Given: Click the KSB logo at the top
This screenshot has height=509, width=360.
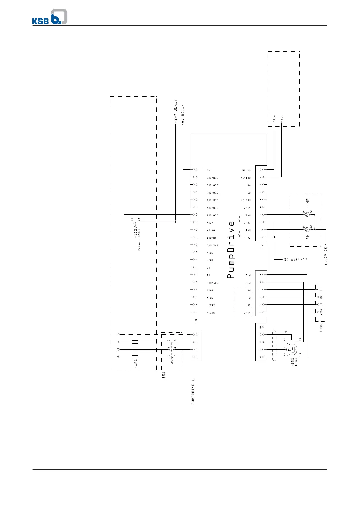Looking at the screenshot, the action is pyautogui.click(x=50, y=17).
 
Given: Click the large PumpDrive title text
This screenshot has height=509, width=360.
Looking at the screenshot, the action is pyautogui.click(x=231, y=250).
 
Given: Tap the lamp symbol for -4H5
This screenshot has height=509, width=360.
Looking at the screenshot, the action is pyautogui.click(x=307, y=215).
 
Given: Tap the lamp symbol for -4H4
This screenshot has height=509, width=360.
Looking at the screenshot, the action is pyautogui.click(x=307, y=229).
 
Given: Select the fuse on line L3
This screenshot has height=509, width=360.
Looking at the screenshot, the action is pyautogui.click(x=135, y=342).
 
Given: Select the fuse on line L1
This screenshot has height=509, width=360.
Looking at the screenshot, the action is pyautogui.click(x=135, y=357).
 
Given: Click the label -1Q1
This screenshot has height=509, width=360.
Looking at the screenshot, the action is pyautogui.click(x=164, y=376).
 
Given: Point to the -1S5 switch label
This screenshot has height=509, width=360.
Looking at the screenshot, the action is pyautogui.click(x=136, y=233).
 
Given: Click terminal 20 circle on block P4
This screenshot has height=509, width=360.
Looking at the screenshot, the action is pyautogui.click(x=193, y=170).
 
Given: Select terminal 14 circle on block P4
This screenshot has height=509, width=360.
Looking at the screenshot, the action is pyautogui.click(x=193, y=215).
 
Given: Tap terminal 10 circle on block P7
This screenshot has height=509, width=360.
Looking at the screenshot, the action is pyautogui.click(x=264, y=170).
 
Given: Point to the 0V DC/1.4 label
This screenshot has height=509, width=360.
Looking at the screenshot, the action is pyautogui.click(x=183, y=114).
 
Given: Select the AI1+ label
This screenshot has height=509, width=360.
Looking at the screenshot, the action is pyautogui.click(x=281, y=118).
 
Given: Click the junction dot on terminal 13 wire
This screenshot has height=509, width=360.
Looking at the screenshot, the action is pyautogui.click(x=176, y=222).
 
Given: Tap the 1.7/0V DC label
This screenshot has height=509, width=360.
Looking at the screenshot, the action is pyautogui.click(x=326, y=256).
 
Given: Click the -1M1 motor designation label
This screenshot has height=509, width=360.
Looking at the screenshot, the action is pyautogui.click(x=292, y=362).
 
